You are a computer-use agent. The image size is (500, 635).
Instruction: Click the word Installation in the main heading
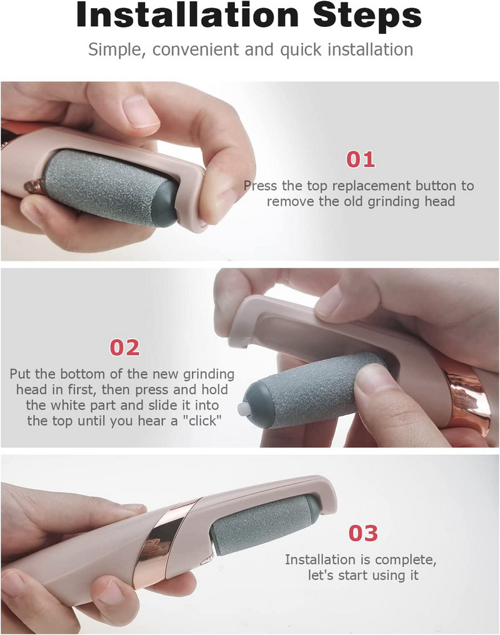coord(187,16)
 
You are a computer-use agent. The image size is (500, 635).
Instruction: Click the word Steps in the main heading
coord(367,17)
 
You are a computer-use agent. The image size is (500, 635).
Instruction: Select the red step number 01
coord(361,160)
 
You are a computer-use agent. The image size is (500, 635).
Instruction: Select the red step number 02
coord(124,348)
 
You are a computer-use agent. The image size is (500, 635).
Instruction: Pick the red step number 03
coord(363,534)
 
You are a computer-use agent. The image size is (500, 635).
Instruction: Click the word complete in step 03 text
coord(406,560)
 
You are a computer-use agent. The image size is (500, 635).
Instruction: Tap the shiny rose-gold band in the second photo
coord(468,392)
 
